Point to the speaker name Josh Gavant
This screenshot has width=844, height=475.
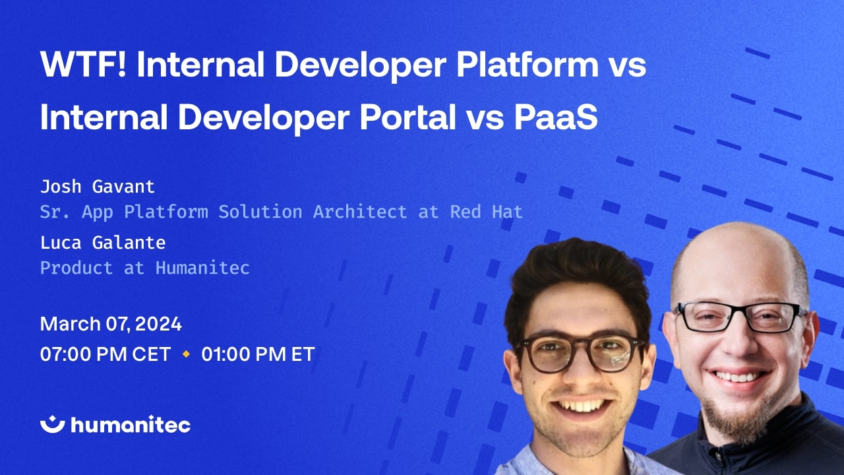tap(98, 187)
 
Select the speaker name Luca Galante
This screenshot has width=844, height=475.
tap(103, 243)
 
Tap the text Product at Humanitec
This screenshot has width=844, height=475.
tap(145, 268)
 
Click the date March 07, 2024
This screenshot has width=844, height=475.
tap(111, 324)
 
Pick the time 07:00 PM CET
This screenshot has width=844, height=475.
tap(105, 354)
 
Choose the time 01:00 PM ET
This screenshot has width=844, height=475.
tap(258, 354)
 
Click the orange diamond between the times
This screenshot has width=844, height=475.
tap(186, 354)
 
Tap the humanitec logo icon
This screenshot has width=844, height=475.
tap(52, 424)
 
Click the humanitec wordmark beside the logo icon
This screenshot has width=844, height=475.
tap(131, 425)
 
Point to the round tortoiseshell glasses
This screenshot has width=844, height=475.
tap(580, 351)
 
